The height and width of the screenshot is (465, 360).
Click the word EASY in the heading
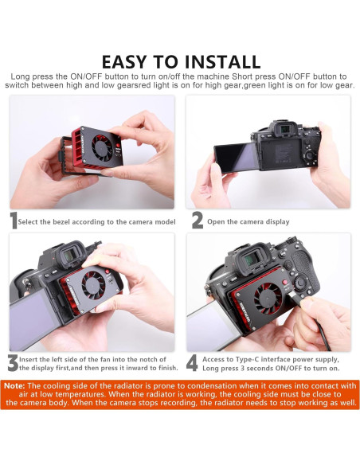coord(124,61)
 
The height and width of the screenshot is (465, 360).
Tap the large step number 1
coord(14,221)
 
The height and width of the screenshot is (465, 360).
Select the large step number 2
coord(198,221)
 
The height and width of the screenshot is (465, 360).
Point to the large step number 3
coord(13,363)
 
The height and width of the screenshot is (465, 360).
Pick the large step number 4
coord(192,363)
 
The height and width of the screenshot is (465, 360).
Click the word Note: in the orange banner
coord(15,386)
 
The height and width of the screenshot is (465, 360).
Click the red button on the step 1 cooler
coord(118,146)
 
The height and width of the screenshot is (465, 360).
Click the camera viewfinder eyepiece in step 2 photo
coord(285,130)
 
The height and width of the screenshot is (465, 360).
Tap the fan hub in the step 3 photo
coord(93,285)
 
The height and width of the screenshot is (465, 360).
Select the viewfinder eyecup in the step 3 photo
coord(69,256)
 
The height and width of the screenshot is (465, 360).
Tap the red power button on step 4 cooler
coord(285,283)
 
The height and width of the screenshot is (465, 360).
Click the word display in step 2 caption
coord(277,222)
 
